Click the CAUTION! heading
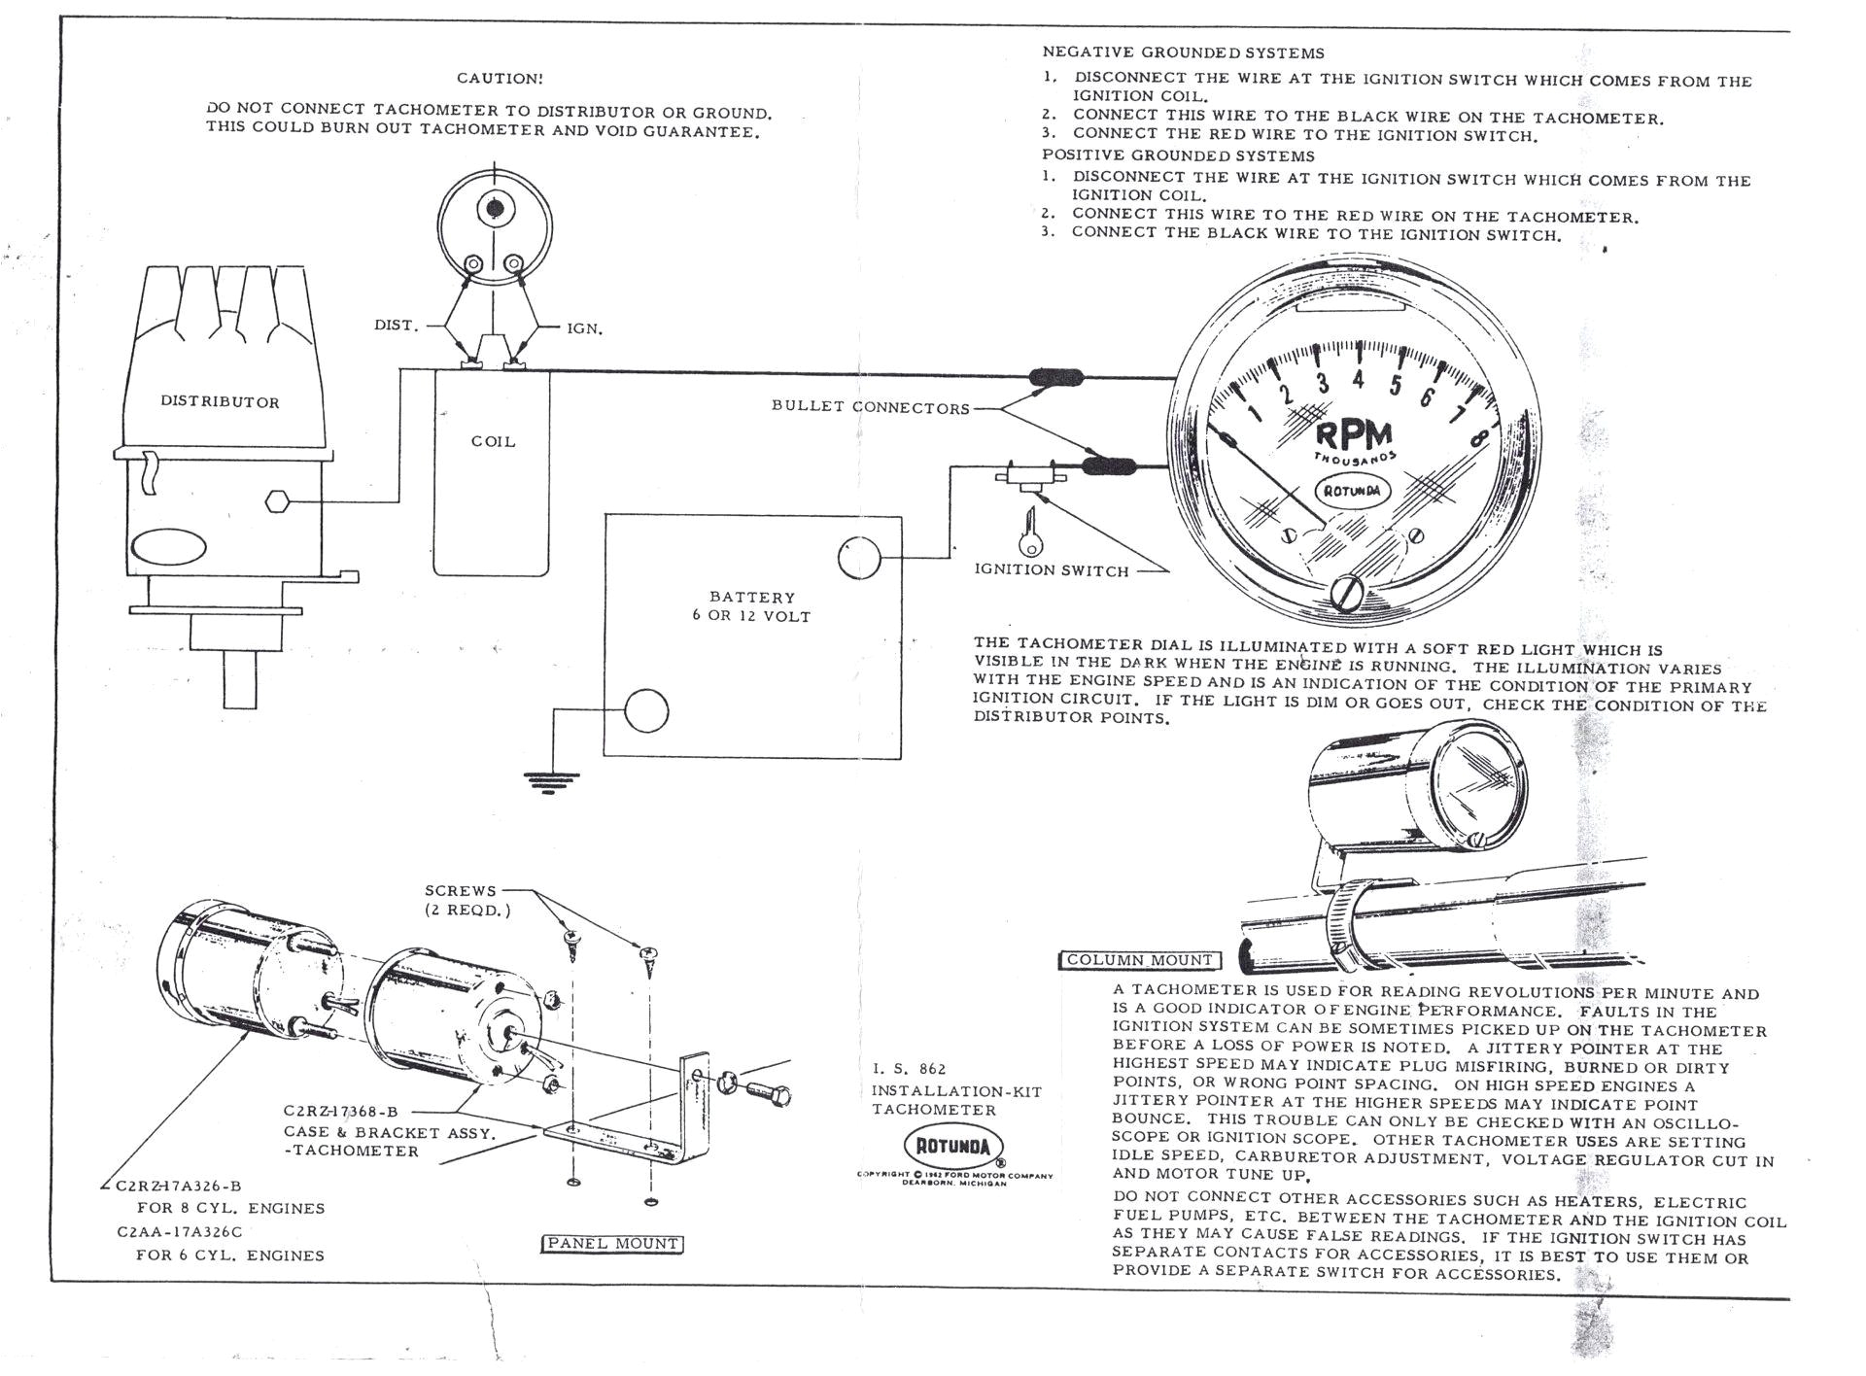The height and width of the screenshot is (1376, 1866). [x=500, y=78]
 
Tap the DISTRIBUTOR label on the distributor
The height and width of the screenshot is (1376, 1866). [x=220, y=402]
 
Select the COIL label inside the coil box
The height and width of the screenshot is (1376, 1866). [x=493, y=441]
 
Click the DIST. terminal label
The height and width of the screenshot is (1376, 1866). [x=396, y=326]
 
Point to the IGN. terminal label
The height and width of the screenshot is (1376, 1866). [x=585, y=329]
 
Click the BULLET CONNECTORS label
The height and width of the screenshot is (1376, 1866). [x=871, y=408]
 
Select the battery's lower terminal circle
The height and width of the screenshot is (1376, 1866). [x=645, y=711]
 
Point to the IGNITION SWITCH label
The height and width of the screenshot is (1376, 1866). [x=1052, y=571]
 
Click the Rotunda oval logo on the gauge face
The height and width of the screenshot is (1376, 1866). [x=1353, y=491]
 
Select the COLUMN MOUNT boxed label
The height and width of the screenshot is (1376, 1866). [x=1139, y=961]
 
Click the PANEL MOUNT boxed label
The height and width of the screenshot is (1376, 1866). [x=611, y=1244]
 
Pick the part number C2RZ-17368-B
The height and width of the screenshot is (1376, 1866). [x=340, y=1111]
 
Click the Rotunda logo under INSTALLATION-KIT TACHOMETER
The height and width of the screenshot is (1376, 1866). [x=952, y=1147]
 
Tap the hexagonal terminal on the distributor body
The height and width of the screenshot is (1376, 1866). [x=277, y=501]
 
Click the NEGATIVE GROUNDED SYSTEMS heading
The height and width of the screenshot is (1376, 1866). [x=1183, y=52]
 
